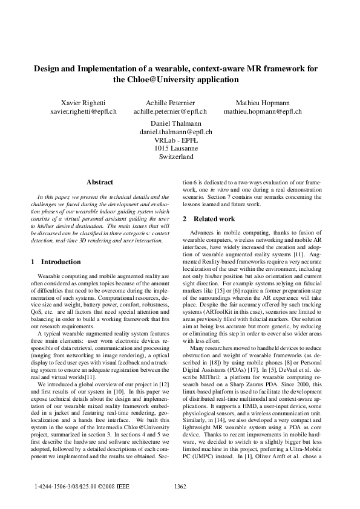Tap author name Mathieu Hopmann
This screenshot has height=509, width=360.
click(263, 102)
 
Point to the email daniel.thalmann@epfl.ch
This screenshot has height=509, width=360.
click(176, 131)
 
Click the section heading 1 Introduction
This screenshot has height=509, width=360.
click(56, 262)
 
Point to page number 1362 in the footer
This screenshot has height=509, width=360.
click(180, 486)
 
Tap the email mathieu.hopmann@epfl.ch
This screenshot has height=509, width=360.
click(263, 111)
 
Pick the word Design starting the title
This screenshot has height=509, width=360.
click(48, 69)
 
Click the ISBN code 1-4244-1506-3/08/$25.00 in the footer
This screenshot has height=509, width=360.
click(69, 486)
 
